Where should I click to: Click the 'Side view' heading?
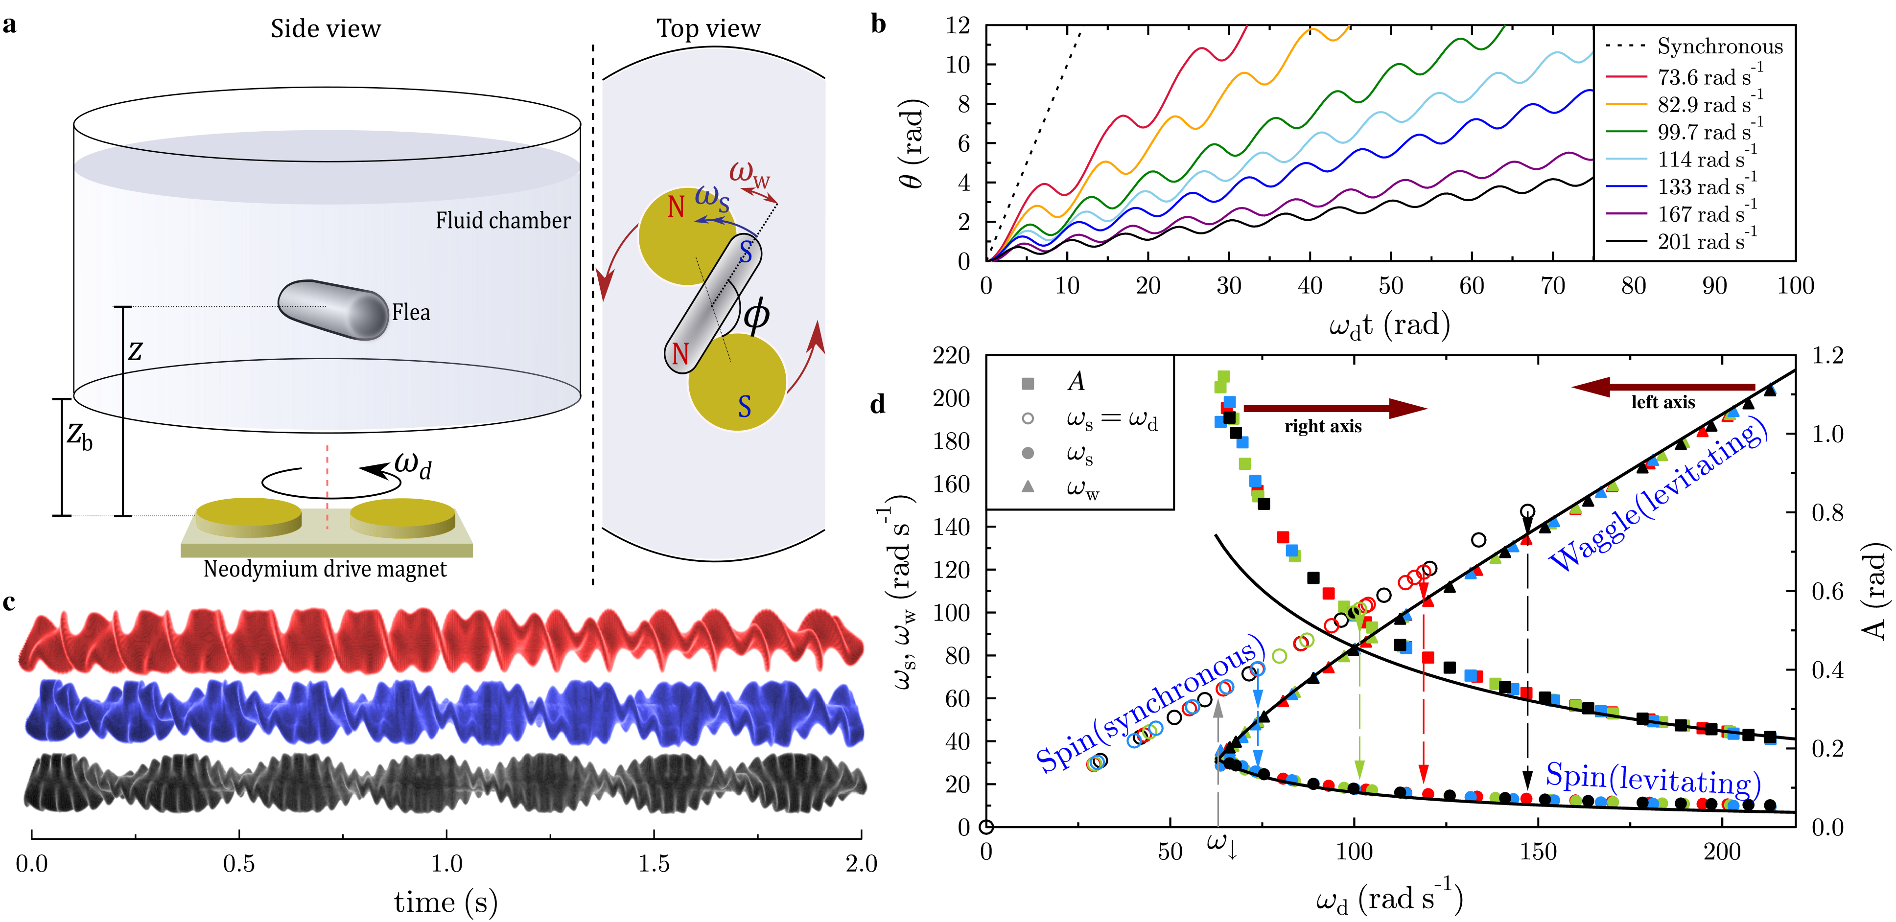[326, 29]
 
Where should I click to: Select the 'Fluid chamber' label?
[503, 221]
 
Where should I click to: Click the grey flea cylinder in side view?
[333, 310]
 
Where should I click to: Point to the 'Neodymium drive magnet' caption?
[325, 569]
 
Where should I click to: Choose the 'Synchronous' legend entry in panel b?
[1719, 46]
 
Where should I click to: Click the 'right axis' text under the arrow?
[1323, 426]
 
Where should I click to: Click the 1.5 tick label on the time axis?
[654, 864]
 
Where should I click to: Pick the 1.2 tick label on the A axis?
[1827, 356]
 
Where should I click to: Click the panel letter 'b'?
[878, 24]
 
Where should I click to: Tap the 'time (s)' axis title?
[446, 902]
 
